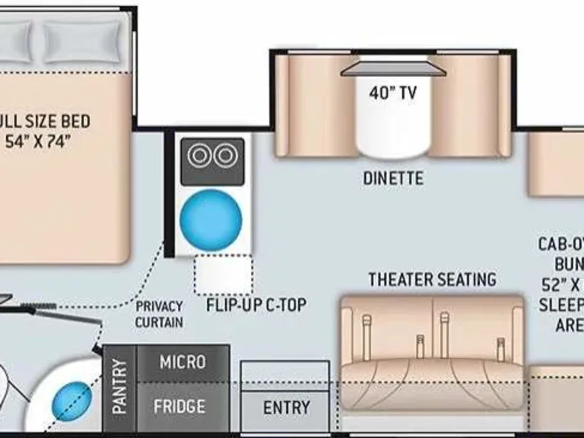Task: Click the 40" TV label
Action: click(393, 93)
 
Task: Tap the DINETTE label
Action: click(392, 179)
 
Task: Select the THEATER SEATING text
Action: click(432, 279)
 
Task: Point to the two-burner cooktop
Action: click(211, 157)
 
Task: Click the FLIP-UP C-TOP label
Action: click(256, 306)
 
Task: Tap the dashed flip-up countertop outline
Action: click(223, 275)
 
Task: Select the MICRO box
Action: click(182, 363)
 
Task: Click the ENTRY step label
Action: click(286, 408)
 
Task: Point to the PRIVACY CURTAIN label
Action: click(160, 314)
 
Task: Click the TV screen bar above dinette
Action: click(393, 69)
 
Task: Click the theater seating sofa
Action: click(432, 342)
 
